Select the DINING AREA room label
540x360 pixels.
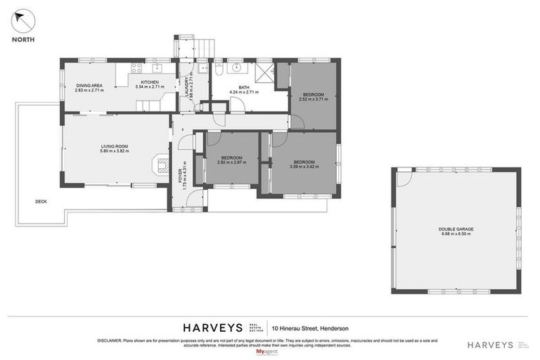click(89, 85)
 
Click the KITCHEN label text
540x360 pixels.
click(149, 82)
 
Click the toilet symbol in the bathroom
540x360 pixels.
click(219, 71)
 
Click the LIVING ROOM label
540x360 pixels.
click(114, 146)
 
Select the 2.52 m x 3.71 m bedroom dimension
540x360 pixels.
click(314, 99)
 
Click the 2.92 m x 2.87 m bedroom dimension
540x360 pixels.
click(231, 162)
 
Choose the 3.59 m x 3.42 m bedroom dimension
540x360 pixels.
click(304, 167)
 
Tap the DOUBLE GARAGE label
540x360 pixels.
click(456, 229)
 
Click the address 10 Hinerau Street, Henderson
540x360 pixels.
click(315, 328)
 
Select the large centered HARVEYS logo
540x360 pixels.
click(213, 328)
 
